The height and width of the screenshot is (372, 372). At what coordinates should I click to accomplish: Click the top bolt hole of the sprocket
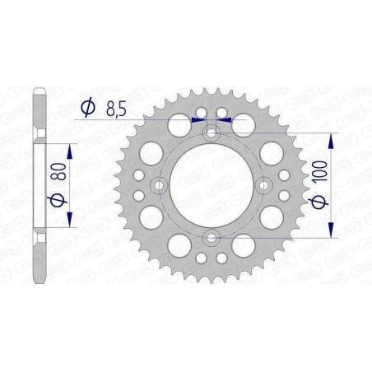pyautogui.click(x=212, y=132)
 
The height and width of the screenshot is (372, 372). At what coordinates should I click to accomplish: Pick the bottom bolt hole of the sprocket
pyautogui.click(x=212, y=239)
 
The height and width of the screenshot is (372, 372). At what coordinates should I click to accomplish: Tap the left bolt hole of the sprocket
pyautogui.click(x=159, y=185)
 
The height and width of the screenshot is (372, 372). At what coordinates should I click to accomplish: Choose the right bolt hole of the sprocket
pyautogui.click(x=266, y=185)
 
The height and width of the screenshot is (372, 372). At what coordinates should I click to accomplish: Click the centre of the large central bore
pyautogui.click(x=212, y=185)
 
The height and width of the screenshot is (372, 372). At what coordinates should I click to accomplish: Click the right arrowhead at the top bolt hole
pyautogui.click(x=226, y=119)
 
